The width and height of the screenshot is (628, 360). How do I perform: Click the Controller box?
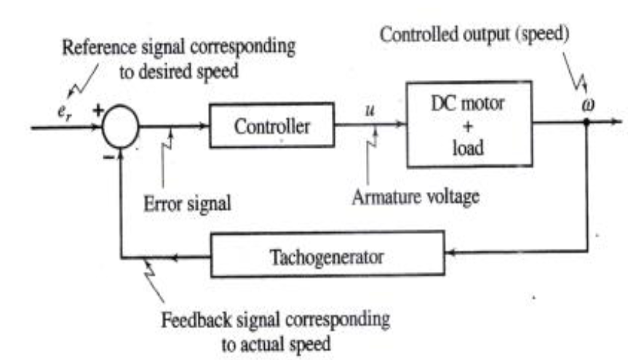pyautogui.click(x=271, y=126)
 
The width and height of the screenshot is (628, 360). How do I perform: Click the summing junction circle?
pyautogui.click(x=119, y=127)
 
